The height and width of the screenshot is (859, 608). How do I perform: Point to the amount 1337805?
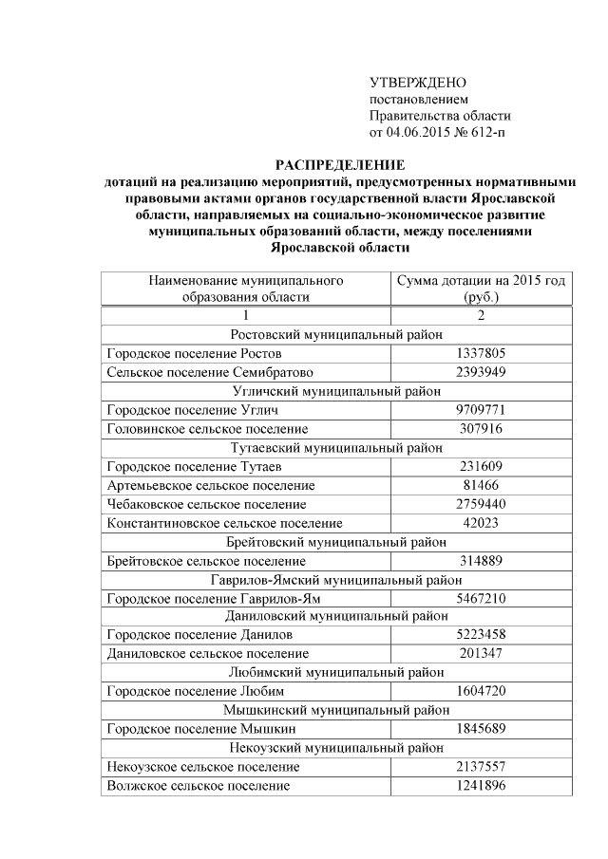pos(480,354)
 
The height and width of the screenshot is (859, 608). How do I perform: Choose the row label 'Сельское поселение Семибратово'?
pos(210,372)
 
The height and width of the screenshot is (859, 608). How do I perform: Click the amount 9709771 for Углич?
pos(480,410)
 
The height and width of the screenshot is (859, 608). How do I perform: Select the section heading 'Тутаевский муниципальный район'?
pos(337,447)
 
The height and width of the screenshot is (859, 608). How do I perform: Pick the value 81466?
pos(480,485)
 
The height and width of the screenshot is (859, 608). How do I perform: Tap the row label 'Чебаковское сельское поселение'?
pos(207,503)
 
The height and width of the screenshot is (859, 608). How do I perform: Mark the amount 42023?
pos(480,522)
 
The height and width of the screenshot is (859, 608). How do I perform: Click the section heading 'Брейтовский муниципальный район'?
pos(337,541)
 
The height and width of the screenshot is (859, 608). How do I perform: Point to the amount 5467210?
pos(480,597)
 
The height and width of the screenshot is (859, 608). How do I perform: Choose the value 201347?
pos(480,653)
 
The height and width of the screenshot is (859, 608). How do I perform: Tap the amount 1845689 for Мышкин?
pos(480,728)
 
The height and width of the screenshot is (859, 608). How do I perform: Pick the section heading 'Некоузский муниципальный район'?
pos(337,747)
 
